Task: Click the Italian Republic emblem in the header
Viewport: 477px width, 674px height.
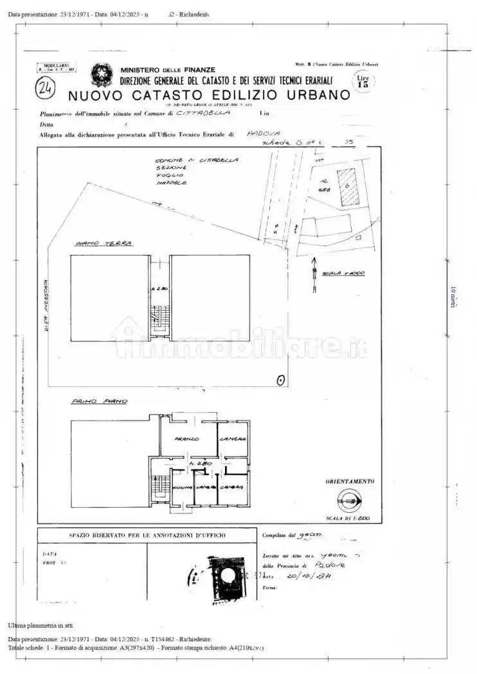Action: coord(101,75)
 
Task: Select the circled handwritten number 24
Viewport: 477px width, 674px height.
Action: coord(46,89)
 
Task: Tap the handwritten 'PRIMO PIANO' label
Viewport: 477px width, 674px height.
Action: coord(98,401)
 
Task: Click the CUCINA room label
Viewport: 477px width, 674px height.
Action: coord(181,488)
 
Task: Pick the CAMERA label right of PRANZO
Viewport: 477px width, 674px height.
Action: coord(232,438)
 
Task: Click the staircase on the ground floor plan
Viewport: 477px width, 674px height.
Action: coord(158,317)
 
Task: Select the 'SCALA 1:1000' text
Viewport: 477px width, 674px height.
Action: coord(343,273)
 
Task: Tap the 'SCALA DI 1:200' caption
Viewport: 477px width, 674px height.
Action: coord(349,518)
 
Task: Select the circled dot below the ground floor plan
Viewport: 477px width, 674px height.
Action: coord(280,380)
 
